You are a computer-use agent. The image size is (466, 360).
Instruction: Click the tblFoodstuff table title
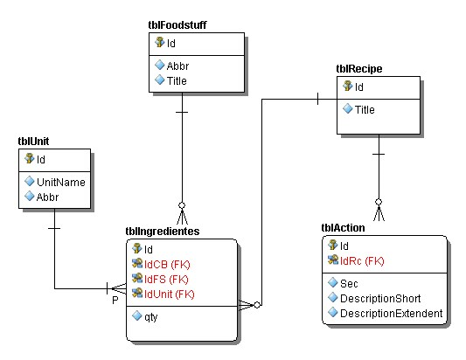177,25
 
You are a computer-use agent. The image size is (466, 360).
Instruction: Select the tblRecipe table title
359,69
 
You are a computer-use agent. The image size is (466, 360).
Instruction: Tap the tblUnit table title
33,141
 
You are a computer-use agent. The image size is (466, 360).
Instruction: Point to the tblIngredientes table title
163,231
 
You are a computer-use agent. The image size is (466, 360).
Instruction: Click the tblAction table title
343,228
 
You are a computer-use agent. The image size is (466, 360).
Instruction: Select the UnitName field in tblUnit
61,182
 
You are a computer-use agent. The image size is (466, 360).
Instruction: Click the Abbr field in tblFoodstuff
177,66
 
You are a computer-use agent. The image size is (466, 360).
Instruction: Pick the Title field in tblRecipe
365,109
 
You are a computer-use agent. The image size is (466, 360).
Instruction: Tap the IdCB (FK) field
167,265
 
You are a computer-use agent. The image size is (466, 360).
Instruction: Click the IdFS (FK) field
166,280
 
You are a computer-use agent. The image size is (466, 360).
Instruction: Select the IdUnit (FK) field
169,294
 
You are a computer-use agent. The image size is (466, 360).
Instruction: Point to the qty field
150,317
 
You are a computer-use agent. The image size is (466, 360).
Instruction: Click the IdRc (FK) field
362,261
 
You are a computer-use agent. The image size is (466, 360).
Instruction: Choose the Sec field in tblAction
349,284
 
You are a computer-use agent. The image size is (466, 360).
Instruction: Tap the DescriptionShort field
380,299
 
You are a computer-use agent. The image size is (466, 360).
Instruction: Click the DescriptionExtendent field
392,314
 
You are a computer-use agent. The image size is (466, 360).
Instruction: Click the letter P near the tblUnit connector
115,301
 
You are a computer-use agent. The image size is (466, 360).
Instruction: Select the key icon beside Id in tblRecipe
347,86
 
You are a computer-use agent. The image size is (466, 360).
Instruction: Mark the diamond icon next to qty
137,315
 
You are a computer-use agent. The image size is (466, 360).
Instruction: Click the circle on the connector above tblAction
379,202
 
